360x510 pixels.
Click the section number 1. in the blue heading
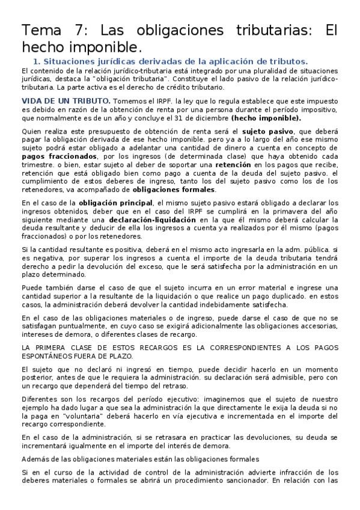(x=36, y=61)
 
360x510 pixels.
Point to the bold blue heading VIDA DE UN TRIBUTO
(x=66, y=100)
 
